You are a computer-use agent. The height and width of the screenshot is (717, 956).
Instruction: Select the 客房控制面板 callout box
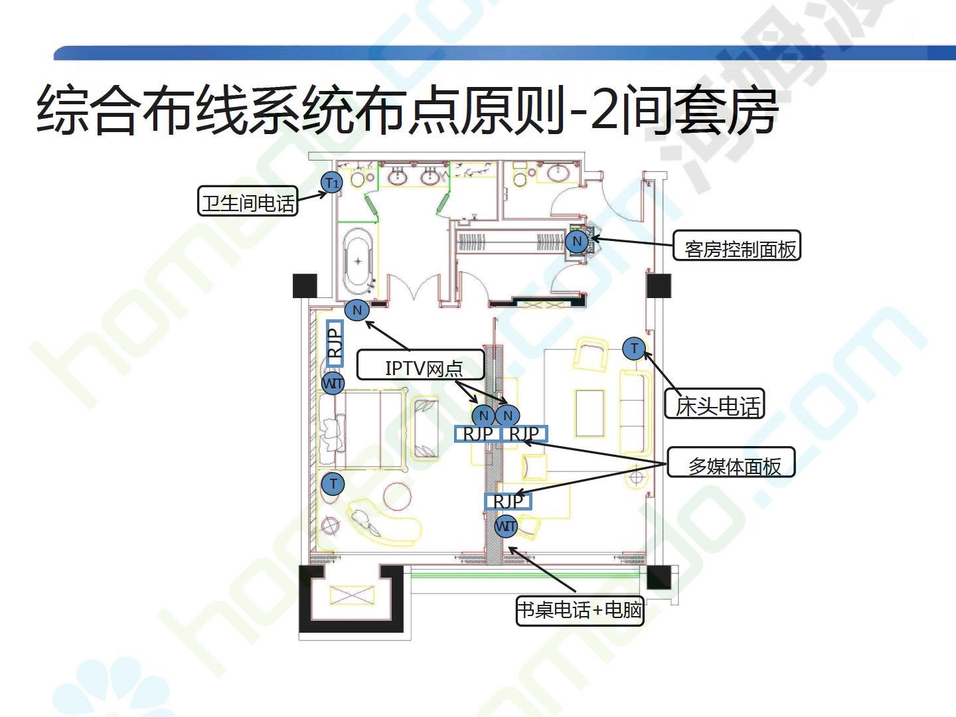[737, 246]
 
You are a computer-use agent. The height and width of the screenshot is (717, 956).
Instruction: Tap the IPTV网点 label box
[421, 365]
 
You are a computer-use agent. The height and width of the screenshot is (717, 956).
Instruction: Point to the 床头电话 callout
[715, 404]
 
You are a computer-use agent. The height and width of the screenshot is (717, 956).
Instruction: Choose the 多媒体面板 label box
[732, 463]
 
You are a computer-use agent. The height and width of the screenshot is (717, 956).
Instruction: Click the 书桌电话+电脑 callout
[580, 609]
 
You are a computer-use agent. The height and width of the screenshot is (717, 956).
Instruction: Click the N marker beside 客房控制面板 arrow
[577, 242]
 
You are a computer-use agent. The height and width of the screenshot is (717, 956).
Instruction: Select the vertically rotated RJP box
[335, 343]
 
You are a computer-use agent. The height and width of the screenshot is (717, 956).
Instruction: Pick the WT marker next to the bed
[333, 383]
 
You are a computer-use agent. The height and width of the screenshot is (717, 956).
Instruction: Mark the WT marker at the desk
[506, 527]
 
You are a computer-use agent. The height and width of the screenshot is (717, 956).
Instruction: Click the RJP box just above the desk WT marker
[509, 501]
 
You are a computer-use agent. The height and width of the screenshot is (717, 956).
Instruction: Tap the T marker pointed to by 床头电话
[634, 348]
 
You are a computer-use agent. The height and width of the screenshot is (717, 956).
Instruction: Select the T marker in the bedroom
[333, 484]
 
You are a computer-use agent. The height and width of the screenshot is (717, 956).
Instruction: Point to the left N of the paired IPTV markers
[483, 416]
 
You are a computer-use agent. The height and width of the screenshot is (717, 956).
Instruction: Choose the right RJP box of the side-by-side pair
[524, 434]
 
